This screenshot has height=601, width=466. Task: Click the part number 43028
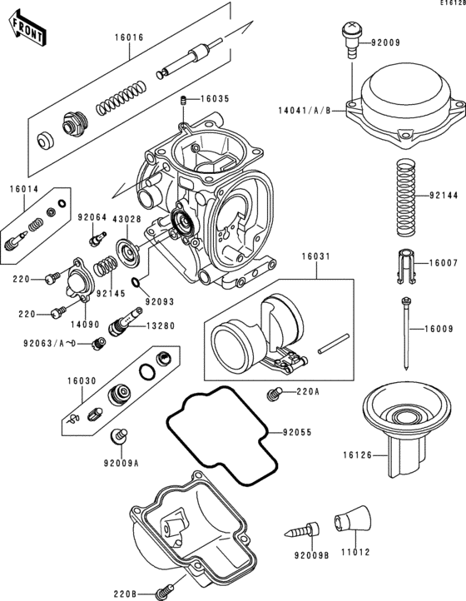pos(126,219)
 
